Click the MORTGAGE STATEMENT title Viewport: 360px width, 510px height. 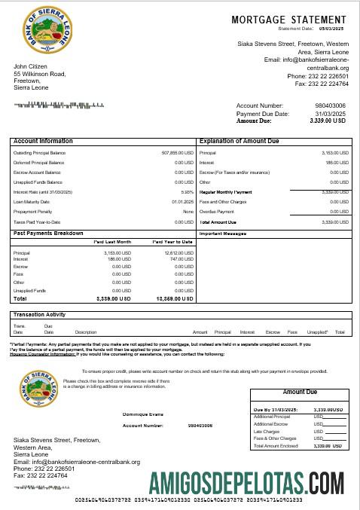(x=288, y=20)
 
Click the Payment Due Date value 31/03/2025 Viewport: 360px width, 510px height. (x=333, y=113)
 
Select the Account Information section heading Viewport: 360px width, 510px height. (x=43, y=141)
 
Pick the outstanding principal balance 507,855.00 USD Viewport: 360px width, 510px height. (x=178, y=152)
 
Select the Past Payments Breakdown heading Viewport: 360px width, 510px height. (x=48, y=234)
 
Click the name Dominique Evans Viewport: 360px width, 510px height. (x=142, y=414)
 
